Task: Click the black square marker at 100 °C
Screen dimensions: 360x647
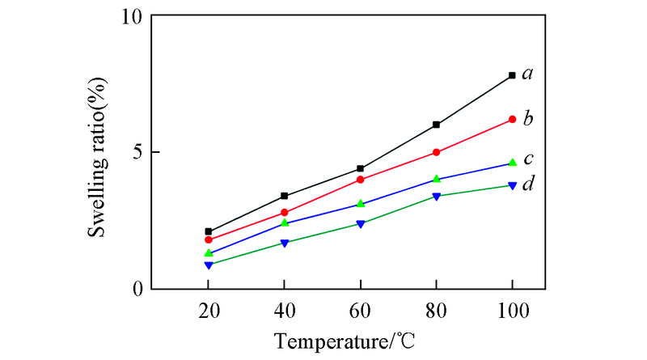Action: coord(512,75)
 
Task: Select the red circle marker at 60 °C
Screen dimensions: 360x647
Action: coord(361,180)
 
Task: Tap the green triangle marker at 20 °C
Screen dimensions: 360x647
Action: coord(209,252)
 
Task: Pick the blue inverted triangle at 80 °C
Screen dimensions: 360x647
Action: coord(437,197)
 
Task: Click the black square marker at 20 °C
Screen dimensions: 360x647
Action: coord(209,231)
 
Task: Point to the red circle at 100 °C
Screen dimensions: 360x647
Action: coord(512,120)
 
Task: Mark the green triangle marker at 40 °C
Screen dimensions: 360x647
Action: coord(285,222)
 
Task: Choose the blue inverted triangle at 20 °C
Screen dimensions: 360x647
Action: coord(209,265)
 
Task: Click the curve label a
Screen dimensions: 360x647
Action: coord(527,74)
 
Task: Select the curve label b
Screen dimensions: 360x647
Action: coord(527,119)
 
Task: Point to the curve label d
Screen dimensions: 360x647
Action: coord(527,184)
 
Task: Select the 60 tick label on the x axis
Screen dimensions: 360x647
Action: coord(361,309)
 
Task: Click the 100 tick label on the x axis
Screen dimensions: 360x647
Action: coord(512,309)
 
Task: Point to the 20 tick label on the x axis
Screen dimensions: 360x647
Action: coord(209,309)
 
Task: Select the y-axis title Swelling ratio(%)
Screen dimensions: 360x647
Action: coord(98,152)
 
